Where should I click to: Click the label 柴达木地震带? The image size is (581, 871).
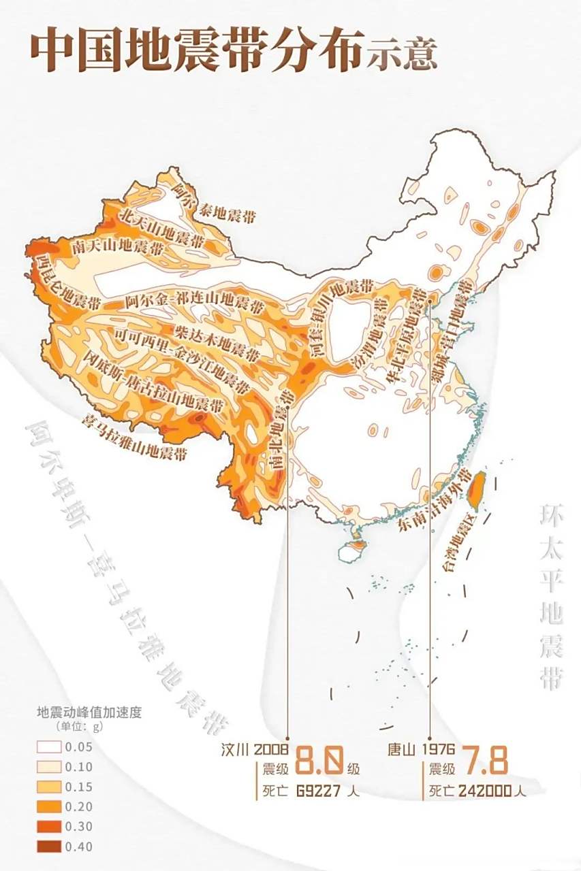tap(217, 342)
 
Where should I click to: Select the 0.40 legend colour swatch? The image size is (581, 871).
tap(50, 847)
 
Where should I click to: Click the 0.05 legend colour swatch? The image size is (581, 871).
tap(50, 746)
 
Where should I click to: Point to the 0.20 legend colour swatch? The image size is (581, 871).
tap(50, 807)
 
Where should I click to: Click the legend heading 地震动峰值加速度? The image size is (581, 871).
tap(88, 713)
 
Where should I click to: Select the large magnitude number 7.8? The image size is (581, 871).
tap(486, 760)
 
